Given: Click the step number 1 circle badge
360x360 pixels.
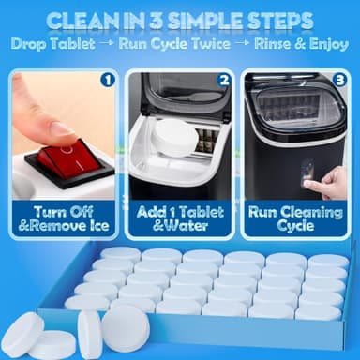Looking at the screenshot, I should tap(107, 80).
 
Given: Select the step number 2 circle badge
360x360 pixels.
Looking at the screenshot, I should tap(223, 80).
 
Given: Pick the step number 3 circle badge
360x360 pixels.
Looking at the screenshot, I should tap(339, 80).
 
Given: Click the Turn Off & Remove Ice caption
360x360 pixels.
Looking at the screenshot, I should tap(62, 220).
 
